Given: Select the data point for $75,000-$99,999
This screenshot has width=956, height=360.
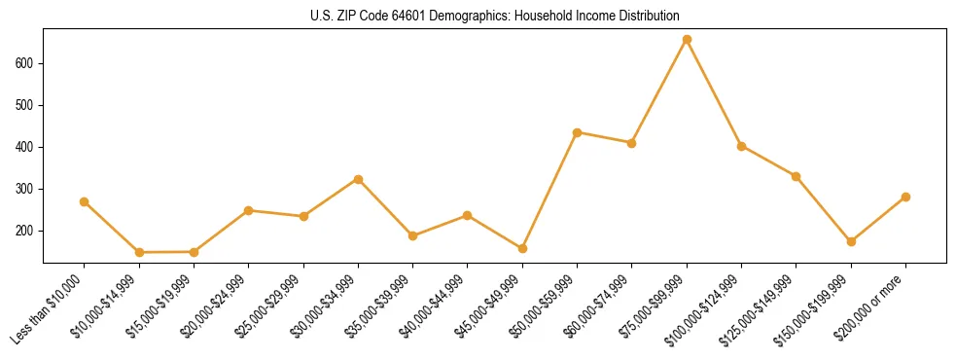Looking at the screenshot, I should tap(687, 40).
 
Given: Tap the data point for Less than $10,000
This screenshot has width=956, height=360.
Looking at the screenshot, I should tap(85, 201).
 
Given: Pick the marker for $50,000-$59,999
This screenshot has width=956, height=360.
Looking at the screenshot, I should tap(578, 132).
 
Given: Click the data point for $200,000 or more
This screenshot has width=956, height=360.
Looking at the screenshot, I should tap(905, 197).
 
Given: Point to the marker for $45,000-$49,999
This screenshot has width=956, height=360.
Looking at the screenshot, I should tap(522, 248).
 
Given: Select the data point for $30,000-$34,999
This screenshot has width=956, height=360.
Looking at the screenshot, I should tap(358, 179).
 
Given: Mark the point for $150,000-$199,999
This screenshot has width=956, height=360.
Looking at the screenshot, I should tap(851, 241).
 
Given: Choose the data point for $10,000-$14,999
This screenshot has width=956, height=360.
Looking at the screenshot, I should tap(139, 252).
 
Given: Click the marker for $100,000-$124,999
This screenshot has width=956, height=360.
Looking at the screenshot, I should tap(741, 146).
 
